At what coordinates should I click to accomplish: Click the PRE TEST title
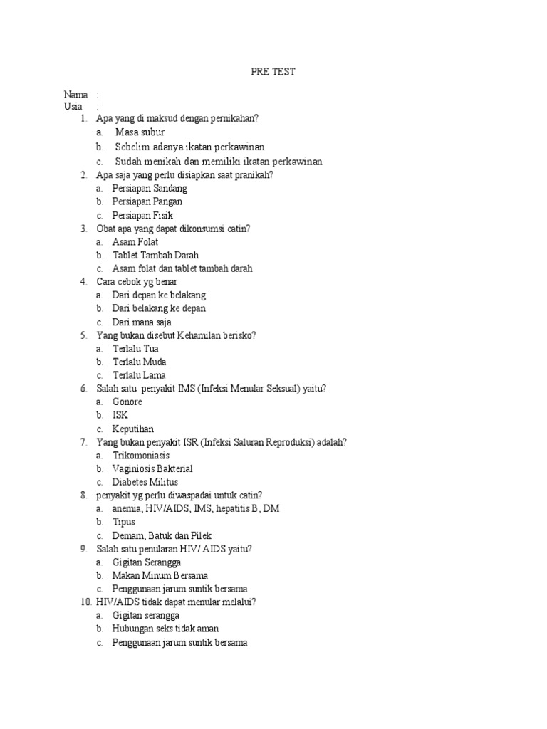pyautogui.click(x=273, y=72)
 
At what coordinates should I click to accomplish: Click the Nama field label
pyautogui.click(x=75, y=95)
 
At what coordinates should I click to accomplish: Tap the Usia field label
pyautogui.click(x=73, y=107)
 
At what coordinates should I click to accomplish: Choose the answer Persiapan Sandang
pyautogui.click(x=150, y=189)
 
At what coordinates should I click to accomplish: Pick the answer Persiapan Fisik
pyautogui.click(x=142, y=215)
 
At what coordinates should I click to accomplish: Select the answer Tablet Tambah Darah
pyautogui.click(x=155, y=255)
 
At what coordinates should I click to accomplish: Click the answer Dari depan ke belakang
pyautogui.click(x=159, y=295)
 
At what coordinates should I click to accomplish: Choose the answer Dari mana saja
pyautogui.click(x=142, y=322)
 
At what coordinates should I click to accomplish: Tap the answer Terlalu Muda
pyautogui.click(x=139, y=362)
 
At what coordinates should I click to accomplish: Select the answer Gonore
pyautogui.click(x=127, y=402)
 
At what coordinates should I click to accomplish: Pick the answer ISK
pyautogui.click(x=120, y=415)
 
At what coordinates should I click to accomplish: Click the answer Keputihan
pyautogui.click(x=132, y=429)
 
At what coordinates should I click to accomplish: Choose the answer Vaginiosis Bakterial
pyautogui.click(x=152, y=468)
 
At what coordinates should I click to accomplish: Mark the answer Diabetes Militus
pyautogui.click(x=145, y=482)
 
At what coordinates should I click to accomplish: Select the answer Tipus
pyautogui.click(x=124, y=522)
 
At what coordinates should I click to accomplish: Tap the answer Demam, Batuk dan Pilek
pyautogui.click(x=162, y=535)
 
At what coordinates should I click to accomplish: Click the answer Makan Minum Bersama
pyautogui.click(x=160, y=575)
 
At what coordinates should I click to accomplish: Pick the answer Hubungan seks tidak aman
pyautogui.click(x=165, y=629)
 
